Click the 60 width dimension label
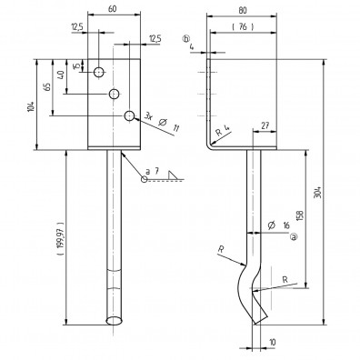[112, 9]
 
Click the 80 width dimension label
[243, 10]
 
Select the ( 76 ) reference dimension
[243, 27]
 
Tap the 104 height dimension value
[31, 106]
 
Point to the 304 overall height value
[317, 192]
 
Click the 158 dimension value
[300, 215]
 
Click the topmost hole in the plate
[99, 73]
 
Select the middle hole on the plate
[115, 94]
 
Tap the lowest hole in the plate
[129, 115]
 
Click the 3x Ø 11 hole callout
[162, 122]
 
